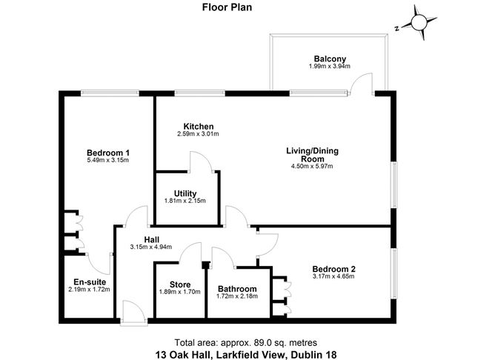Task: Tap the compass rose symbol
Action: click(419, 24)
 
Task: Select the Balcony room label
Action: click(329, 59)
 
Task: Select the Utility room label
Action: click(185, 193)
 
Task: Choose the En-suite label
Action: click(87, 281)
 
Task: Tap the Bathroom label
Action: click(236, 289)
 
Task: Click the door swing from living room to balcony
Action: click(362, 84)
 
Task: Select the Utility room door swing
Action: click(200, 162)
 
